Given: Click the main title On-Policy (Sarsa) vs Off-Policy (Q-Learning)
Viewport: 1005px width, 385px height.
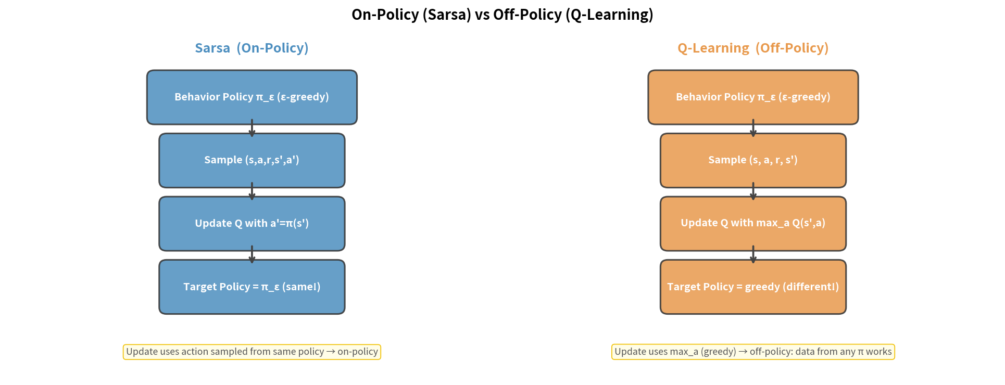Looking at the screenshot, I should pyautogui.click(x=502, y=15).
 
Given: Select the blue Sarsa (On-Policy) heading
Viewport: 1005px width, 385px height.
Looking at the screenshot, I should pyautogui.click(x=252, y=48).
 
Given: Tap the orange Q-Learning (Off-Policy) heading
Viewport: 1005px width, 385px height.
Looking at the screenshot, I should pyautogui.click(x=752, y=48).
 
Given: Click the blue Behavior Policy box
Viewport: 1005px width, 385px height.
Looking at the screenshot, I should pyautogui.click(x=252, y=97).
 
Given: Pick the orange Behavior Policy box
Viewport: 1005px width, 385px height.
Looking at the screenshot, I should pyautogui.click(x=752, y=97).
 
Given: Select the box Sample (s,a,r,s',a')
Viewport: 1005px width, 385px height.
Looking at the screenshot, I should pyautogui.click(x=252, y=160).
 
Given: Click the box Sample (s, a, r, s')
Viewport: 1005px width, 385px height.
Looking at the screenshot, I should pyautogui.click(x=752, y=160).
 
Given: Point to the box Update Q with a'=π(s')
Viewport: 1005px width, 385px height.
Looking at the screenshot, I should pyautogui.click(x=252, y=224).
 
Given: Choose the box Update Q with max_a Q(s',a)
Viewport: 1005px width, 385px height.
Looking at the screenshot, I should pyautogui.click(x=752, y=224).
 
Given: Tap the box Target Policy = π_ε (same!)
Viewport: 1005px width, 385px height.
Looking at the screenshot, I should pyautogui.click(x=252, y=287).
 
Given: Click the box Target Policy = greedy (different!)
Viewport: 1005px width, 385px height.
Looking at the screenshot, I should pyautogui.click(x=752, y=287).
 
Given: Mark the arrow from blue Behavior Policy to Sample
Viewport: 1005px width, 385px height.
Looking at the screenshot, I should pyautogui.click(x=252, y=129).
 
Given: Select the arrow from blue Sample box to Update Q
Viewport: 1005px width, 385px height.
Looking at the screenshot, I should pyautogui.click(x=252, y=192).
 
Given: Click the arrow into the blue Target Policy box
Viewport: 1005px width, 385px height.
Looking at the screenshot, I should pyautogui.click(x=252, y=255).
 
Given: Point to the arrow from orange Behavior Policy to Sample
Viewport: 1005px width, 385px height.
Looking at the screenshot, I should pyautogui.click(x=753, y=129).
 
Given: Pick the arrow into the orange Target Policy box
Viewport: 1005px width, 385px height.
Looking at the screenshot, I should pyautogui.click(x=753, y=255).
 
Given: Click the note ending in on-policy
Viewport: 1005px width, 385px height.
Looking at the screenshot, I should pyautogui.click(x=252, y=352).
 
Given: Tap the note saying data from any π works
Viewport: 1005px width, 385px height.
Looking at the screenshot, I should pyautogui.click(x=752, y=352).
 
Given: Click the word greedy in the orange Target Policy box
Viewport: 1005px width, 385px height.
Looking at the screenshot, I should pyautogui.click(x=762, y=287).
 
